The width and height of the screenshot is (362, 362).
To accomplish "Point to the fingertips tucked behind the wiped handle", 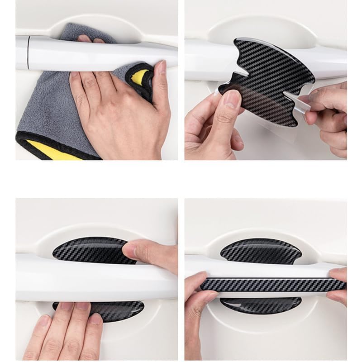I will tap(90, 39).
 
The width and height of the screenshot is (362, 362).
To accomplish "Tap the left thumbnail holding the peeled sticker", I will tap(232, 98).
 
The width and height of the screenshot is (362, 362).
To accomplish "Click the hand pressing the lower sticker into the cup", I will tap(68, 330).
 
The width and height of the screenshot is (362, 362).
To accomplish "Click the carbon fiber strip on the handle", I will tap(271, 284).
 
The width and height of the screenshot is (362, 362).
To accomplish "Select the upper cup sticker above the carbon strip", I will tap(261, 251).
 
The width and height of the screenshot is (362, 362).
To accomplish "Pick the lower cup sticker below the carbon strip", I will tap(261, 305).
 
